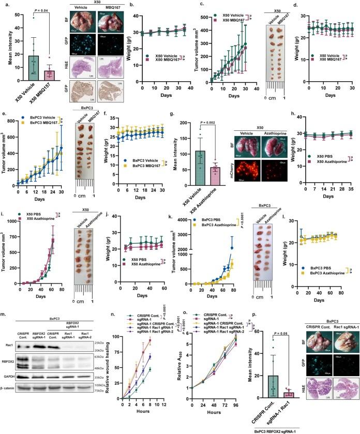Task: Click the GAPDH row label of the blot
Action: click(10, 391)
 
